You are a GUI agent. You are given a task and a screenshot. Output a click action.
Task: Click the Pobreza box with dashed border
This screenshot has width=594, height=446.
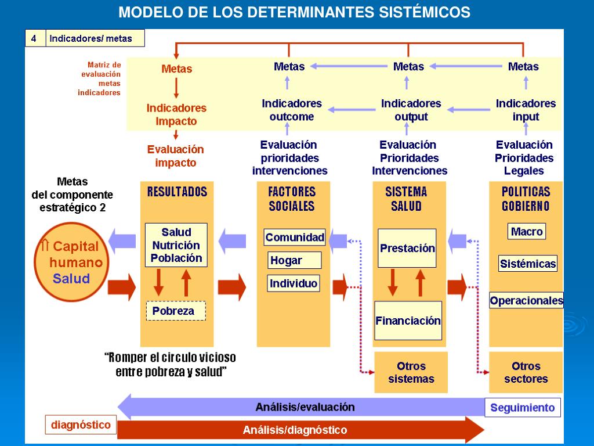(x=176, y=311)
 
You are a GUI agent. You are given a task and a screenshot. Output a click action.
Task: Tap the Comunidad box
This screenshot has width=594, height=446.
(x=295, y=237)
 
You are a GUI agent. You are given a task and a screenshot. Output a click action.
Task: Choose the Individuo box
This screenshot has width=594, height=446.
(x=294, y=283)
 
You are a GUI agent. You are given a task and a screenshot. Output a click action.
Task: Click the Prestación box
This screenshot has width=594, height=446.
(x=407, y=248)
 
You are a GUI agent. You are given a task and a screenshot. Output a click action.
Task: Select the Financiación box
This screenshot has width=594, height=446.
(x=408, y=321)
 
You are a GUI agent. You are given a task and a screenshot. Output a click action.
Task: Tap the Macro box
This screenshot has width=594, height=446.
(x=527, y=232)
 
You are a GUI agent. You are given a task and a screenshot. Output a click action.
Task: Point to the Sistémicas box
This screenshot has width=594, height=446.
(x=528, y=264)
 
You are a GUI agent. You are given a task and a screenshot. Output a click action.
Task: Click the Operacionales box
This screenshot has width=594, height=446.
(x=527, y=300)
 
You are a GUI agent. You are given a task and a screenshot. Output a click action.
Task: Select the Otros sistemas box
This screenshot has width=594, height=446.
(x=411, y=373)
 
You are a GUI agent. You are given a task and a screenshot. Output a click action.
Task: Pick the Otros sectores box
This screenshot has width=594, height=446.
(x=526, y=373)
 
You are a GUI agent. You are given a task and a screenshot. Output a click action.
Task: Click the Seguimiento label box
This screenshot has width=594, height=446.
(x=523, y=408)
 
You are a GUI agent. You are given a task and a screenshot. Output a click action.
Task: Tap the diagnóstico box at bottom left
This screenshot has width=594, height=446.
(x=81, y=425)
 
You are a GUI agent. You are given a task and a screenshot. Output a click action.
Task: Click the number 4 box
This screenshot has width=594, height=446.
(x=34, y=39)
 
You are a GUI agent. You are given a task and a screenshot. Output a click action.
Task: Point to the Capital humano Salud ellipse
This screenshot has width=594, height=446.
(x=71, y=262)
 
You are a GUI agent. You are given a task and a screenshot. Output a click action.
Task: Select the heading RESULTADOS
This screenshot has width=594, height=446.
(x=177, y=192)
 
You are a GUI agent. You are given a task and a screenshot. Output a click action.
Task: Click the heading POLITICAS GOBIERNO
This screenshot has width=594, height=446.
(x=526, y=199)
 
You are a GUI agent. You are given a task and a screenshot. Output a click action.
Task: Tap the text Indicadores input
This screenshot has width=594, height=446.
(x=526, y=110)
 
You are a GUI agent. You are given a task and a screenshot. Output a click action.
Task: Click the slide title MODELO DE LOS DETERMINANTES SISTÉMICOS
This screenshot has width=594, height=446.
(x=295, y=12)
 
